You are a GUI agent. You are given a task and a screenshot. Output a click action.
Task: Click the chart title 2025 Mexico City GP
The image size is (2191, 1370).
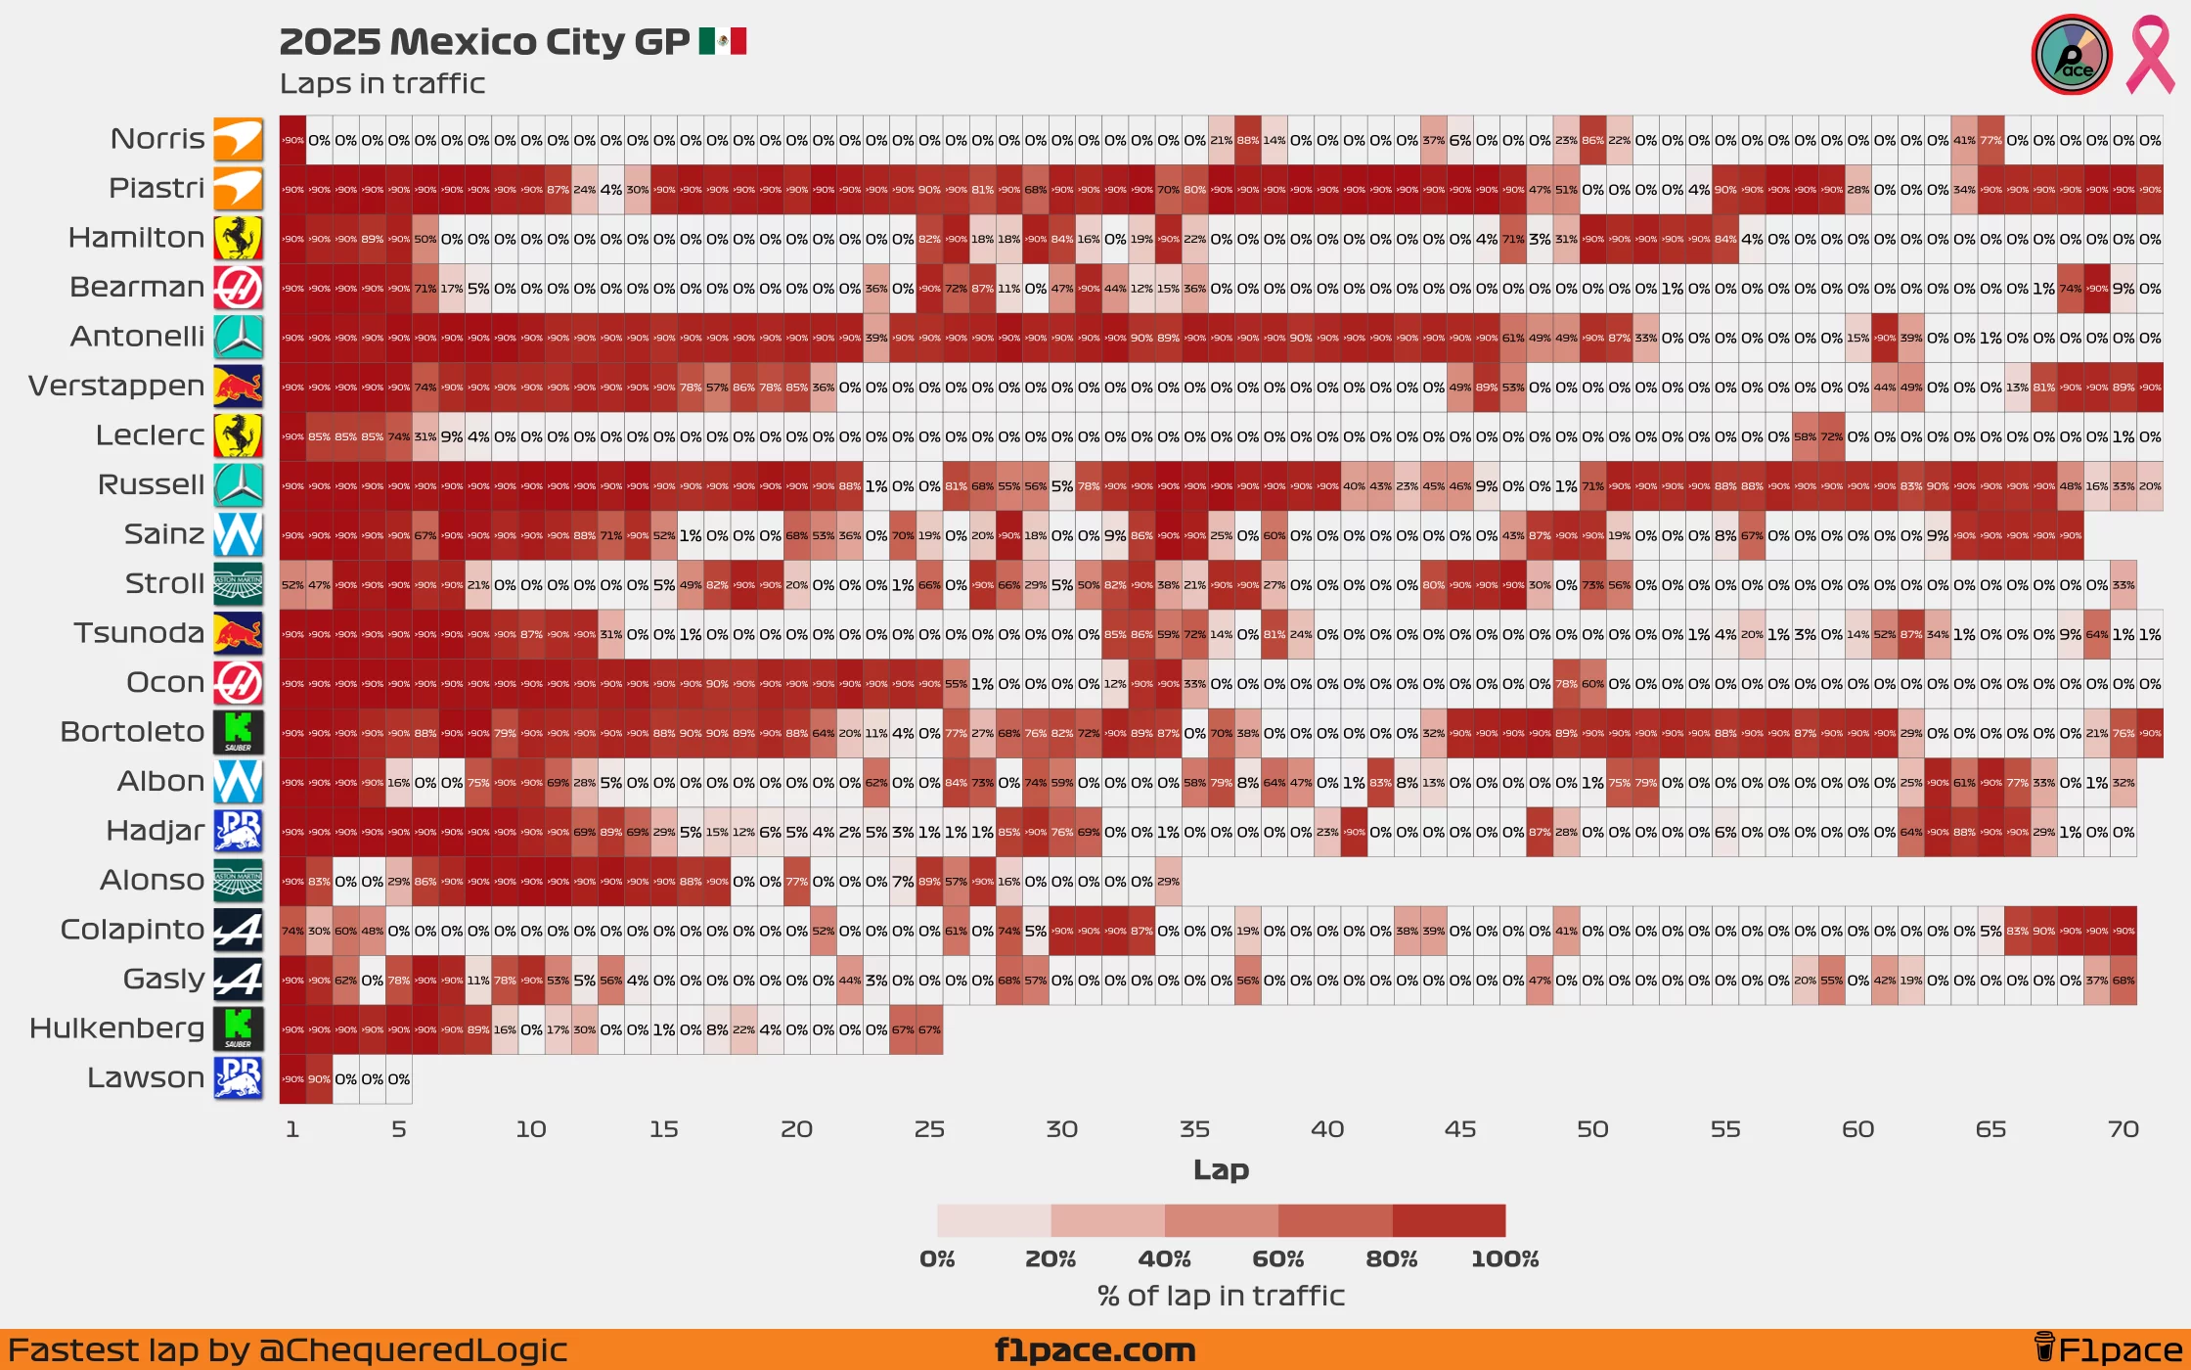[484, 42]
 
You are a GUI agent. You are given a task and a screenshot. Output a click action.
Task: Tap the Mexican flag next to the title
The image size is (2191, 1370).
[723, 41]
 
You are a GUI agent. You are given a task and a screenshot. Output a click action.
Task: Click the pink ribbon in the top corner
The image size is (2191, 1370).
[2150, 56]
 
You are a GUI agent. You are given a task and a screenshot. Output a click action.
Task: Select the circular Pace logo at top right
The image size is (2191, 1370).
[2072, 56]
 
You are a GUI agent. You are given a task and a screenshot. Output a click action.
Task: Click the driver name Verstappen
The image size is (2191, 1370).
[116, 387]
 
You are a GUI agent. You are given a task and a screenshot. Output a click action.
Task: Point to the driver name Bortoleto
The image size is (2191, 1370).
[132, 732]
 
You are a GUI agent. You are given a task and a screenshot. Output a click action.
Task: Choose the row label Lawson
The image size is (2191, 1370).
[146, 1077]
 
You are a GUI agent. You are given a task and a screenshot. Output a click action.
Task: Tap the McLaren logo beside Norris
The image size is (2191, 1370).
[239, 140]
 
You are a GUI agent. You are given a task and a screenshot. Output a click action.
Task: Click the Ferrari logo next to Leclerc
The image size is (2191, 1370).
[239, 435]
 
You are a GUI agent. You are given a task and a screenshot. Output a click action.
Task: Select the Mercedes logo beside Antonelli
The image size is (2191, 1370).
[239, 337]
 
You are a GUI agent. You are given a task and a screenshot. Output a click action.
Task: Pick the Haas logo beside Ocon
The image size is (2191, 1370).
[239, 682]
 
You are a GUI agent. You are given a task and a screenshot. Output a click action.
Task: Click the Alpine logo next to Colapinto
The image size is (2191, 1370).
[239, 930]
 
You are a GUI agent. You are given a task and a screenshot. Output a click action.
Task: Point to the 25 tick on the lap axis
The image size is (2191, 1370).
[929, 1129]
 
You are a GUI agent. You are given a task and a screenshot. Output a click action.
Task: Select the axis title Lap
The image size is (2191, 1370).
[1221, 1169]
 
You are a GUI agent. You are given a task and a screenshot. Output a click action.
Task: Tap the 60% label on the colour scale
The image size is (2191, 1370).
[1277, 1259]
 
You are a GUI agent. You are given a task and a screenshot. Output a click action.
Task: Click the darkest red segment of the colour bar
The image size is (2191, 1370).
[1449, 1220]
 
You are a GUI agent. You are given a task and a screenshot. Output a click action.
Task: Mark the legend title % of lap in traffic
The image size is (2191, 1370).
[1221, 1297]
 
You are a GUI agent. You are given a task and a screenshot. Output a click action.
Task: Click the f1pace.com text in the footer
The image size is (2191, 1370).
[1095, 1350]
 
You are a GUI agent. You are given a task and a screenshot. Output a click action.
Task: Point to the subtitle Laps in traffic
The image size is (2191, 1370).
[382, 84]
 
